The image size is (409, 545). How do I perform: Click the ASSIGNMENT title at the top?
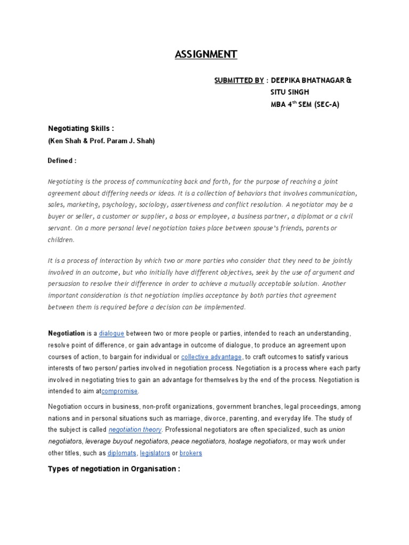(206, 54)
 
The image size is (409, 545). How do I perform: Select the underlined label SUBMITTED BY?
(239, 80)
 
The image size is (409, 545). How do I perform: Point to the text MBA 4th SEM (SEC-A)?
(305, 104)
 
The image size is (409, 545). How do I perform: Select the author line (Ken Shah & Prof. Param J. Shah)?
(101, 141)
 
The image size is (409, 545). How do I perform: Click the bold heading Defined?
(62, 160)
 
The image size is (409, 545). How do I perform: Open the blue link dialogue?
(112, 333)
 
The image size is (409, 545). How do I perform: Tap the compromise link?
(119, 391)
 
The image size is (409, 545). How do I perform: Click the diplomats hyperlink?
(121, 453)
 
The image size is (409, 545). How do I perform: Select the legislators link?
(154, 453)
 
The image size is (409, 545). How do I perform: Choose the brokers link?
(191, 453)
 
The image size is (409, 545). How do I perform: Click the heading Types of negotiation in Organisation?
(114, 469)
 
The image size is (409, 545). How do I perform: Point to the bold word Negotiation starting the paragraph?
(67, 333)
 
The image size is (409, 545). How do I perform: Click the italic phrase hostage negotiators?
(255, 441)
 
